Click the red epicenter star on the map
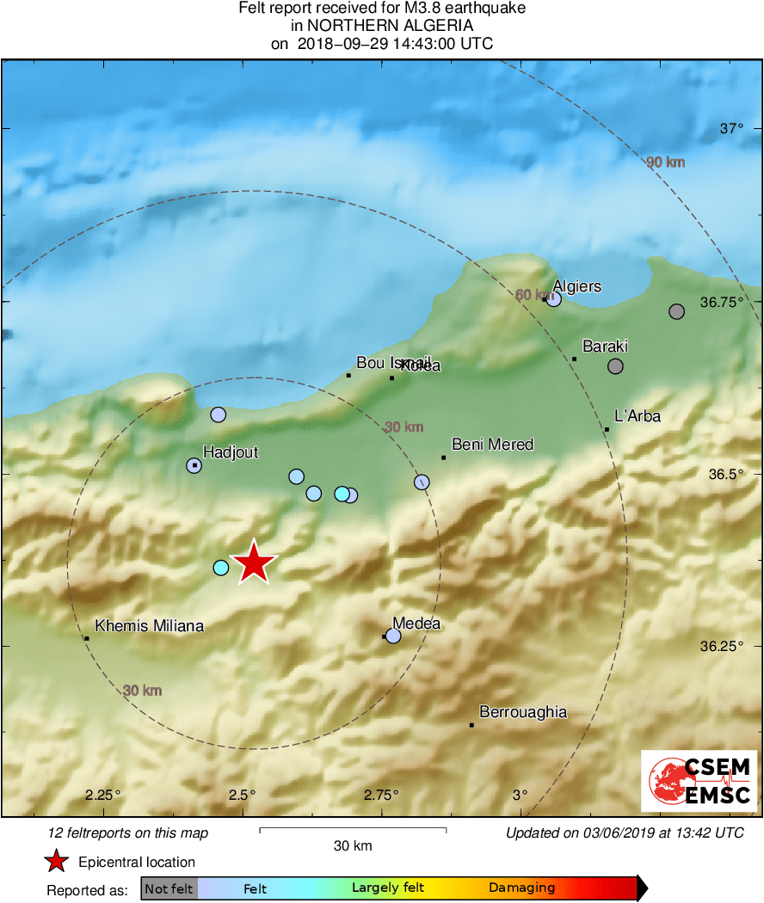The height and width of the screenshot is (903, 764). (x=254, y=563)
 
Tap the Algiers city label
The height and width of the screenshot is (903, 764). (x=576, y=286)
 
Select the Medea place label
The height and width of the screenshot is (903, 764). (x=416, y=623)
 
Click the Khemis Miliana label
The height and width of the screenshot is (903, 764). (x=149, y=626)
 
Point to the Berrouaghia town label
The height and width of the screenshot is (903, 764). (x=522, y=712)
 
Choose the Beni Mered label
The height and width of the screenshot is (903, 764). (x=492, y=445)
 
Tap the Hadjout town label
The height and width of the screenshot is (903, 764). (x=230, y=452)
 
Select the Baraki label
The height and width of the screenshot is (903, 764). (x=605, y=347)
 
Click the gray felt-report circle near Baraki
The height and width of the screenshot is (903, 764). (x=615, y=366)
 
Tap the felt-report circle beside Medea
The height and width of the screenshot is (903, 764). (x=393, y=636)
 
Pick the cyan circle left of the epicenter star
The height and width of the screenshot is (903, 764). (x=221, y=567)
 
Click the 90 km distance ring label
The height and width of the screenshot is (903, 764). (x=665, y=162)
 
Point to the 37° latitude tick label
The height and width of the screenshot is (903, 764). (x=731, y=129)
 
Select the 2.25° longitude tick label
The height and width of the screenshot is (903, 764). (x=103, y=794)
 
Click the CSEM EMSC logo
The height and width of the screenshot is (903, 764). (x=699, y=781)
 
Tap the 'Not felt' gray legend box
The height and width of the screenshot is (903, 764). (x=169, y=888)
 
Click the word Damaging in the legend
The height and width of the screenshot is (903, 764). (x=521, y=888)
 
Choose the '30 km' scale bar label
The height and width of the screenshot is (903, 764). (x=353, y=846)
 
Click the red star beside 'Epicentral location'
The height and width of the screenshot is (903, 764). (x=57, y=862)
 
